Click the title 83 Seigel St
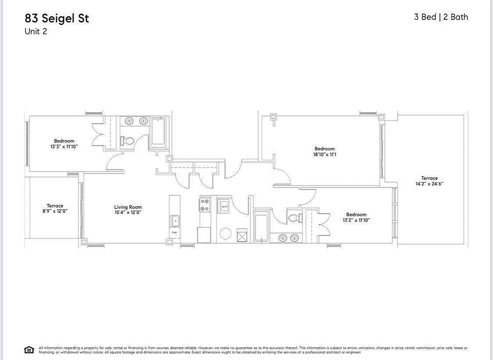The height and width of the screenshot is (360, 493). [x=57, y=18]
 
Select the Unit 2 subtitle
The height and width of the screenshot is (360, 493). [x=36, y=31]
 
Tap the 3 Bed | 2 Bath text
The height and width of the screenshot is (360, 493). [x=441, y=17]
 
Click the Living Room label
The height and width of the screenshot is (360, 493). [x=128, y=207]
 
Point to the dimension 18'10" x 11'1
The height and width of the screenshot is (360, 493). [x=324, y=154]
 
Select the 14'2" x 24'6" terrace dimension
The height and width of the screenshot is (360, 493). [x=429, y=184]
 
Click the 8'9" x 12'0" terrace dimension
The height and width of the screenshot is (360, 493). [x=55, y=211]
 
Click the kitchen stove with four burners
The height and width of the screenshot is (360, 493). [x=205, y=205]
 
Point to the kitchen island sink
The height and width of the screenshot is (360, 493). [x=175, y=221]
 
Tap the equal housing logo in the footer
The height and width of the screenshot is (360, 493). [x=29, y=350]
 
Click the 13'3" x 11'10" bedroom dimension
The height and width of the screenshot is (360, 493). [x=64, y=147]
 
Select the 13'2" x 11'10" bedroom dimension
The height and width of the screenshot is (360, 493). [x=356, y=220]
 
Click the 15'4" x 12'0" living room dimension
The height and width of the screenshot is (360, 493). [x=128, y=212]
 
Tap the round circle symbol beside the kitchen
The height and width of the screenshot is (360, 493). [x=225, y=234]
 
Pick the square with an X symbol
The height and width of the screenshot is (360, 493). [x=242, y=235]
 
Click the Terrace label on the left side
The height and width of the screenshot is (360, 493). [x=55, y=206]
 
